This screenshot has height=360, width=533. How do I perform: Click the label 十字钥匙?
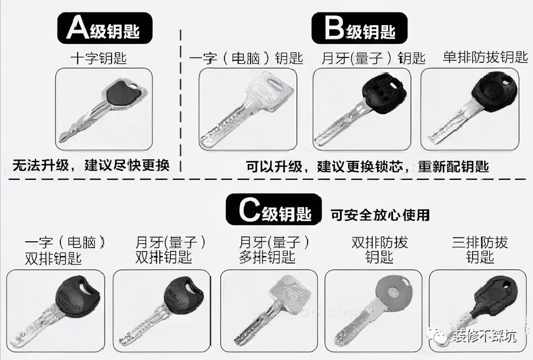point(98,58)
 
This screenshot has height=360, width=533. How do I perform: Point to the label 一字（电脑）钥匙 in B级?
point(246,58)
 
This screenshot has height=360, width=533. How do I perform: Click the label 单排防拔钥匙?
point(485,57)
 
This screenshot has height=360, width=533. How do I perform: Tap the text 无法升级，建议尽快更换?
point(91,166)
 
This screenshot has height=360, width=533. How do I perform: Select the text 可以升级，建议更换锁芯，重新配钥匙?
point(367,166)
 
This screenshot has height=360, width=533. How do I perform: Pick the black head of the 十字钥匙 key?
point(124,93)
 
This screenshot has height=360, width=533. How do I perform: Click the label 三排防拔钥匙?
point(480,249)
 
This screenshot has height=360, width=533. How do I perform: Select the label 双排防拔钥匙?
point(379,249)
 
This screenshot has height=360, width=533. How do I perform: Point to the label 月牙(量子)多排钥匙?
point(274,249)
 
